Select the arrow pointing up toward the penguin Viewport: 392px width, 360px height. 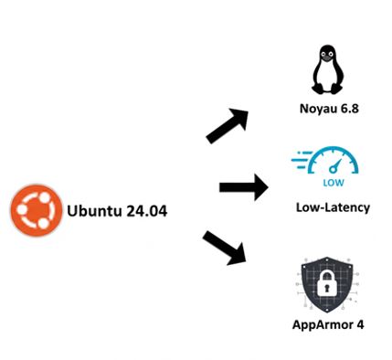pos(228,125)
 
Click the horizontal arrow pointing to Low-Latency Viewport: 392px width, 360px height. pos(243,188)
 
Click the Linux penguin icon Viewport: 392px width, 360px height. pos(328,69)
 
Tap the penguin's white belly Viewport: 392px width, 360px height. pos(328,79)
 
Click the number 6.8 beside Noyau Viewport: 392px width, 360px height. pos(348,110)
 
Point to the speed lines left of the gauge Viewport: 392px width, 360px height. pos(301,162)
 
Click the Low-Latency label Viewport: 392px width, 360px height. pos(333,207)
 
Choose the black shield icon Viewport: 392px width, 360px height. pos(328,285)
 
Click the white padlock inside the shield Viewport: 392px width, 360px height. pos(328,291)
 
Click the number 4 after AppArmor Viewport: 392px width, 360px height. pos(360,324)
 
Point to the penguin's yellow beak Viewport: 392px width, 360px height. pos(328,59)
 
